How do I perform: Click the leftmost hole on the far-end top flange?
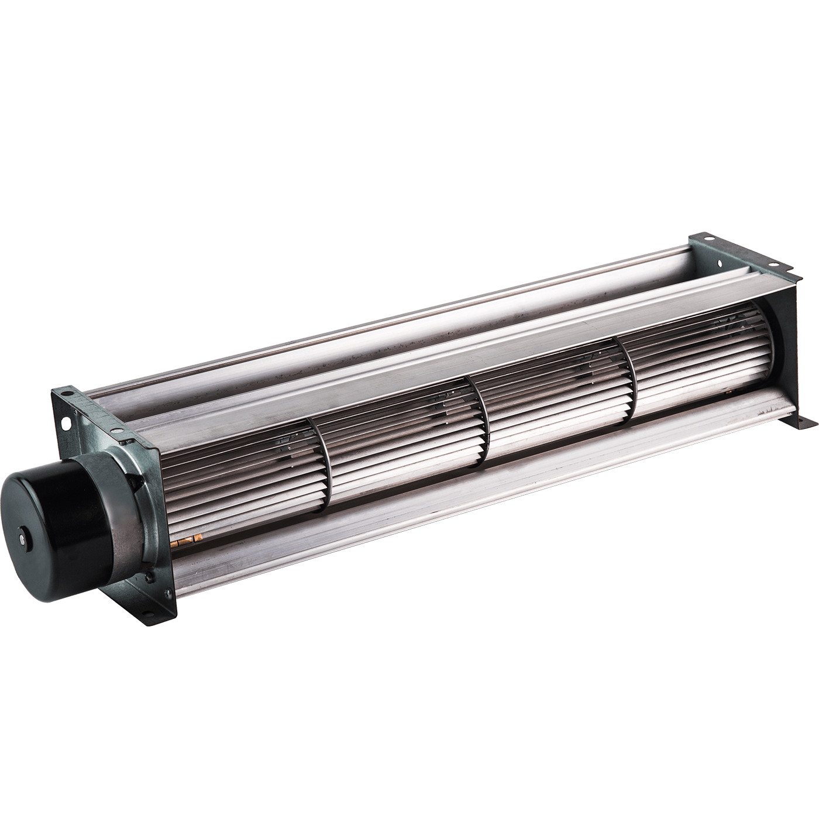[x=709, y=239]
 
